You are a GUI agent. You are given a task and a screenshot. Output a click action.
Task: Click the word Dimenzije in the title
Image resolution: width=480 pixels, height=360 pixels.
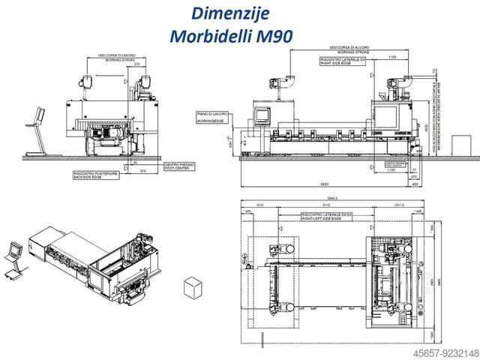tap(220, 13)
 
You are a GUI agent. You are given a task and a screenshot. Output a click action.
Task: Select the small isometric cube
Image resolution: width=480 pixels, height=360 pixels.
tap(193, 287)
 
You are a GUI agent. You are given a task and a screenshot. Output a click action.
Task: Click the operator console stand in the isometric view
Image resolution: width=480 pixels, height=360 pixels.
tap(13, 259)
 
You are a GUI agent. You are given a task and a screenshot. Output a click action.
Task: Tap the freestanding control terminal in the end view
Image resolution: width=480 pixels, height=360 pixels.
tap(34, 127)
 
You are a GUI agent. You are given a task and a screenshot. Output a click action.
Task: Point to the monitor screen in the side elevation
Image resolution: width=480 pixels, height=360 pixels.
tap(262, 114)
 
